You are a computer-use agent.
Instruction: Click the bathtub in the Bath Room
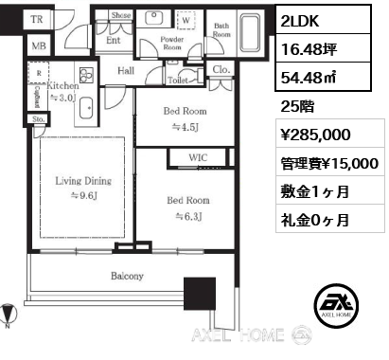[250, 32]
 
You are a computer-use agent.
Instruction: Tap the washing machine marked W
[186, 20]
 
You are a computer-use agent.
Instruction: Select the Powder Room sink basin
[153, 18]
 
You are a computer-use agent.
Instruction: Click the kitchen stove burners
[86, 76]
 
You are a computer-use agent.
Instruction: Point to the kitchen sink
[86, 108]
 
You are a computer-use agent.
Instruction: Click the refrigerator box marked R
[39, 73]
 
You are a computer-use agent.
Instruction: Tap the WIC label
[198, 157]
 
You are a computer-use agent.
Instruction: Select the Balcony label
[127, 276]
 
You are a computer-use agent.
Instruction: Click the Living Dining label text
[83, 181]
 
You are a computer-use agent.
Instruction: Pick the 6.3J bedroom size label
[188, 216]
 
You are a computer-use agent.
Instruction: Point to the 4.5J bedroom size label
[186, 127]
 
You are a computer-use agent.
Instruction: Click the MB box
[39, 46]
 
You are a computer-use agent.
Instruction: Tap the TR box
[37, 19]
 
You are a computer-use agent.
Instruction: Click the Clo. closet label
[221, 69]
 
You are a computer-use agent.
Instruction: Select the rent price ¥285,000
[315, 135]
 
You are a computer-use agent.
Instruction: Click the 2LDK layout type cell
[323, 20]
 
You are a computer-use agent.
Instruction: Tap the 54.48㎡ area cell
[323, 77]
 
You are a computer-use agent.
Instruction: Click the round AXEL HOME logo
[336, 305]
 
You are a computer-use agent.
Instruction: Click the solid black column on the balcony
[200, 294]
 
